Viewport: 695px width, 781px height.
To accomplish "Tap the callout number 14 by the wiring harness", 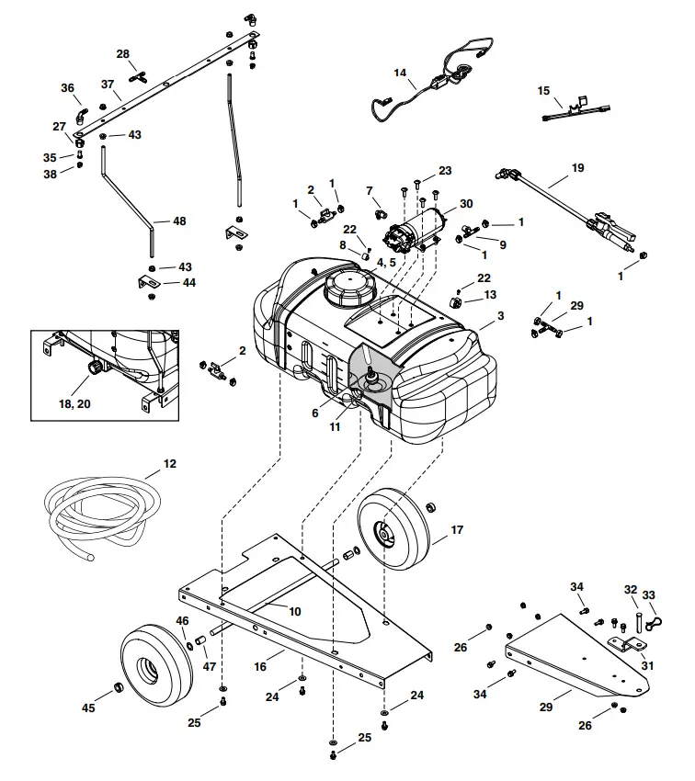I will click(399, 72).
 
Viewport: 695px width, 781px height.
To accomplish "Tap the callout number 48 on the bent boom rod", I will click(178, 221).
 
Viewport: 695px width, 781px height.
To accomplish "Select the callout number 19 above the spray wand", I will click(577, 168).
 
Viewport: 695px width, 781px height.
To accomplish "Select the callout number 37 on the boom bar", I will click(108, 85).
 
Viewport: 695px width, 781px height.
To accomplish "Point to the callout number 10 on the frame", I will click(294, 611).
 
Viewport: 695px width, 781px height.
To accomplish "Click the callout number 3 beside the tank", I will click(500, 315).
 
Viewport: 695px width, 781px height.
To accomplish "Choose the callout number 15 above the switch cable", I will click(543, 91).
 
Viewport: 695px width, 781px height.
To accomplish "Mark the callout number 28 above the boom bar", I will click(122, 53).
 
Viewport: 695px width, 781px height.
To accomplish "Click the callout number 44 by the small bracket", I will click(188, 283).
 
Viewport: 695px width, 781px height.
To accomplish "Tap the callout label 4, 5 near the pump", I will click(386, 262).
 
